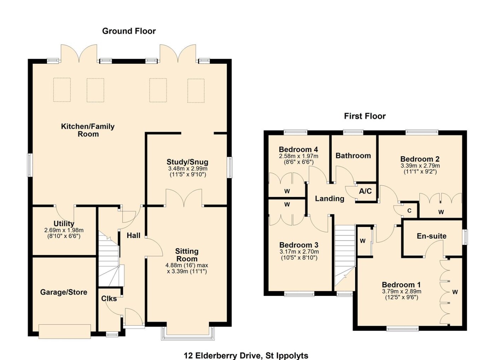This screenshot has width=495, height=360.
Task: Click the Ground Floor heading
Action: [129, 31]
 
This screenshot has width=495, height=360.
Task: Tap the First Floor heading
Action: [365, 116]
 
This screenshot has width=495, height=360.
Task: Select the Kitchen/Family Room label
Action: [88, 130]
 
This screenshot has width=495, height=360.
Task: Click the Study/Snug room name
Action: [187, 162]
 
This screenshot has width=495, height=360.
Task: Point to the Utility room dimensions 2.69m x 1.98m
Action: [64, 230]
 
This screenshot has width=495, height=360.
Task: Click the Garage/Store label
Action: [64, 292]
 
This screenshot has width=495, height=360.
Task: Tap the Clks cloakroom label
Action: [109, 299]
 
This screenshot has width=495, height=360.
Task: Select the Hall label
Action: [134, 236]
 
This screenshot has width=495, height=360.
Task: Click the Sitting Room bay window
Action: [188, 334]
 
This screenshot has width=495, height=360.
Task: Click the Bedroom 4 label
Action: [298, 149]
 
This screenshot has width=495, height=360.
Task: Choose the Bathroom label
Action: [353, 156]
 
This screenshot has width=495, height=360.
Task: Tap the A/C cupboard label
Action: [365, 191]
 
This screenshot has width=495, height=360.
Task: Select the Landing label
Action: [330, 198]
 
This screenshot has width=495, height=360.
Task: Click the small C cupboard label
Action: [409, 211]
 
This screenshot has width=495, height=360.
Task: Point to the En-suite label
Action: [432, 236]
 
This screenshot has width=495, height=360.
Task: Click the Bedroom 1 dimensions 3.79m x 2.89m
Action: [402, 291]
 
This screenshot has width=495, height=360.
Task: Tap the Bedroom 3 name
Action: [299, 245]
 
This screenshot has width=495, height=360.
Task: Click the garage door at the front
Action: [65, 331]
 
